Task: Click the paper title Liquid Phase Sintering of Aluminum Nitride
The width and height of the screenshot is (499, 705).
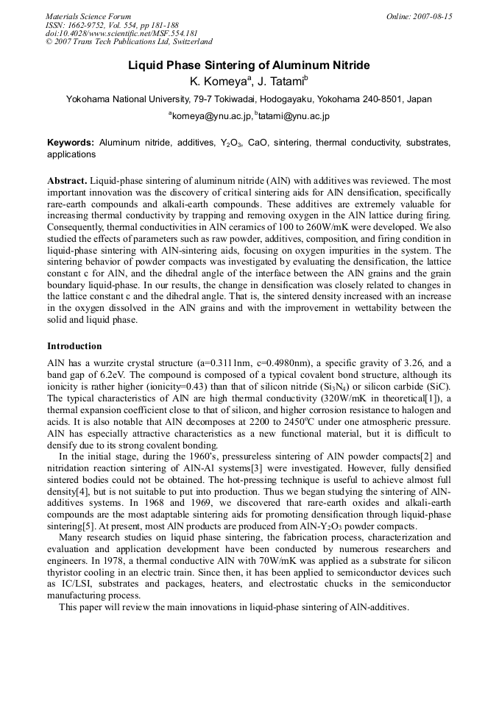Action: (x=249, y=65)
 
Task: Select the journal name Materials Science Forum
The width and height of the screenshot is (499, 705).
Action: (x=88, y=16)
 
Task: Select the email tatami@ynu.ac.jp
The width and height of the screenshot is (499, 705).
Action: (x=294, y=116)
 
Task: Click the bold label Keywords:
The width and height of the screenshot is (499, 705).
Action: (x=71, y=143)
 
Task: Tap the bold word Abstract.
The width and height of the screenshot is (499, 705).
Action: (x=67, y=180)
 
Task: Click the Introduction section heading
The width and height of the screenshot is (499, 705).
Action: (x=74, y=346)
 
